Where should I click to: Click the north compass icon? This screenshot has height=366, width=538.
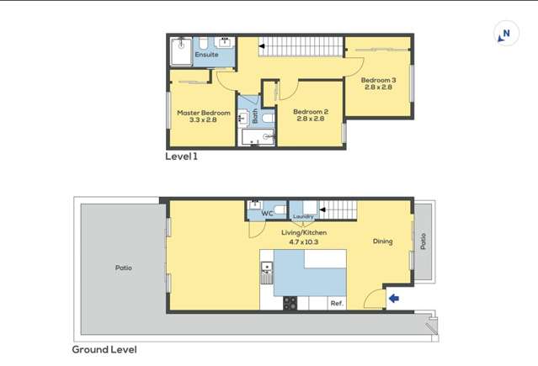[505, 34]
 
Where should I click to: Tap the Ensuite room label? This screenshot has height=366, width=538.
[206, 55]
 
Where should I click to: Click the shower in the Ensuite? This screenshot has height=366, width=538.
[180, 51]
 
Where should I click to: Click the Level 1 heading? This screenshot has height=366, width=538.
[181, 156]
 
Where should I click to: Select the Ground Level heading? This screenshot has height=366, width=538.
[104, 349]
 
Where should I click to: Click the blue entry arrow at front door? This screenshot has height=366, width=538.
[393, 298]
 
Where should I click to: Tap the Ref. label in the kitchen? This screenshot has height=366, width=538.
[336, 303]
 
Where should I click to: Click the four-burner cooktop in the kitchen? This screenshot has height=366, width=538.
[290, 303]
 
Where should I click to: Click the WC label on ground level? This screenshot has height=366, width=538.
[267, 214]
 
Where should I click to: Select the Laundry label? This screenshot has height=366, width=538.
[303, 216]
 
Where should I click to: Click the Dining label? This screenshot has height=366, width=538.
[382, 241]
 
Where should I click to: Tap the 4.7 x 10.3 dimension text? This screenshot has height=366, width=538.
[303, 241]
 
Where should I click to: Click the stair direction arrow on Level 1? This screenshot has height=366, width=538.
[262, 45]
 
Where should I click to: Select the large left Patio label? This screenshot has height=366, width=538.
[123, 268]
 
